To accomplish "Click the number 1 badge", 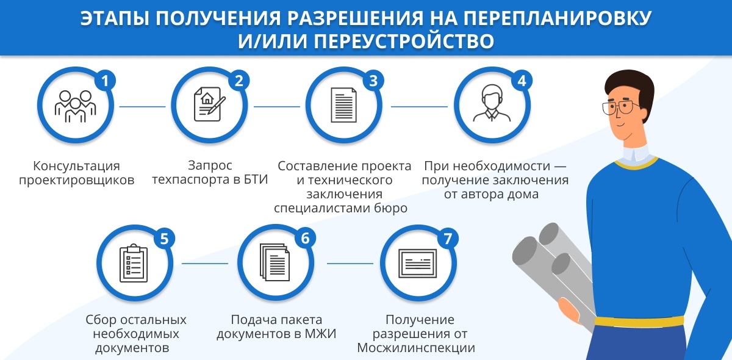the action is coord(105,81).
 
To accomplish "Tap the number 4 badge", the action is coord(520,81).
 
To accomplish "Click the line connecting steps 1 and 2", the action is coord(142,107).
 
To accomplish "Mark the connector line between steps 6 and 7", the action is coord(350,264).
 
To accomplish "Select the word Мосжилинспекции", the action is coord(417,348).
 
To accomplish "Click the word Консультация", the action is coord(76,166).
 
